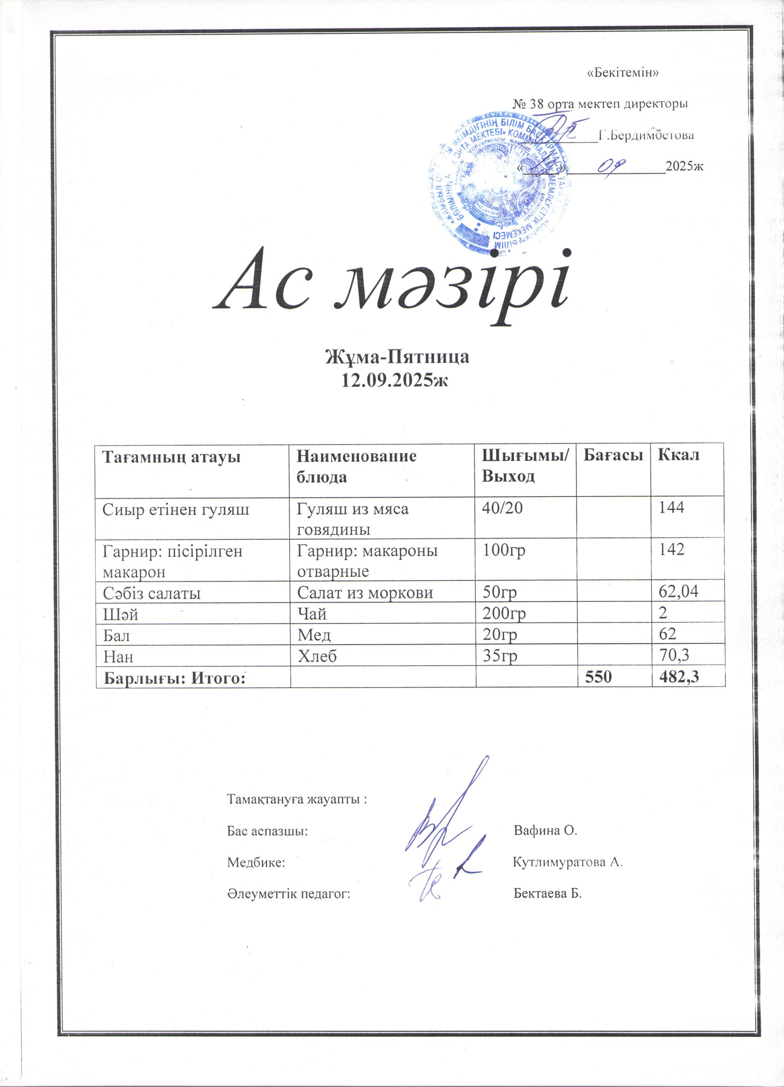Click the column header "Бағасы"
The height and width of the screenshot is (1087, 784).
click(613, 455)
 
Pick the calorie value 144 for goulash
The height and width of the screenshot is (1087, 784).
click(671, 508)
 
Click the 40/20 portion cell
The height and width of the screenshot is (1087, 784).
click(502, 508)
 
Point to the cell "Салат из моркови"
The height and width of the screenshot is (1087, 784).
click(365, 593)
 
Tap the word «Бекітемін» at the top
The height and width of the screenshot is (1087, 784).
click(622, 73)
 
